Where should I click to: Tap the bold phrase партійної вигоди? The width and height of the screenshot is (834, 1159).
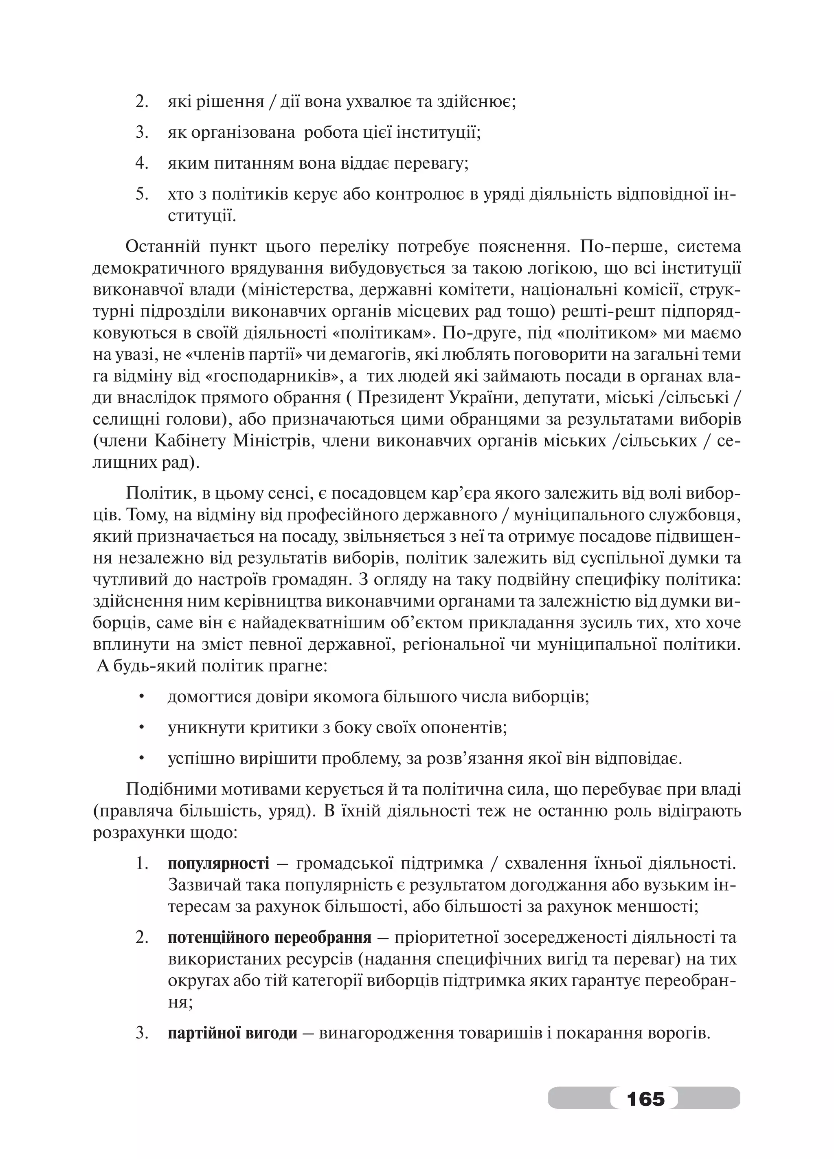(x=233, y=1033)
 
